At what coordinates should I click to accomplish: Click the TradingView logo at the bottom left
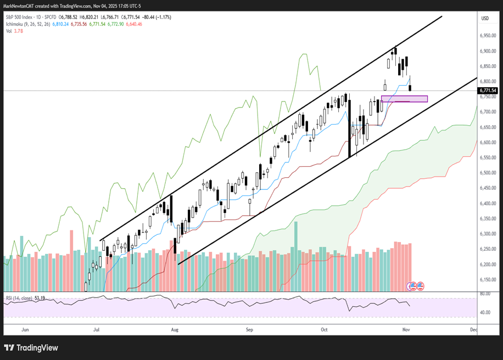point(31,347)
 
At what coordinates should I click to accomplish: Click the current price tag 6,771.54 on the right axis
point(488,91)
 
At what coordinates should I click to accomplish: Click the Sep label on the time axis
point(249,330)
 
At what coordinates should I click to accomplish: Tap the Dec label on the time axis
point(473,330)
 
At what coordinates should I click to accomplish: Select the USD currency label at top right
point(485,18)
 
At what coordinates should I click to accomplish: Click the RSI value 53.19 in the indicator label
point(40,298)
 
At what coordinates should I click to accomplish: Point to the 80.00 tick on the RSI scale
point(485,294)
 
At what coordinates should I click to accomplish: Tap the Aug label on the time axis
point(175,330)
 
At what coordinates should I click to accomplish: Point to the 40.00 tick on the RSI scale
point(485,313)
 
